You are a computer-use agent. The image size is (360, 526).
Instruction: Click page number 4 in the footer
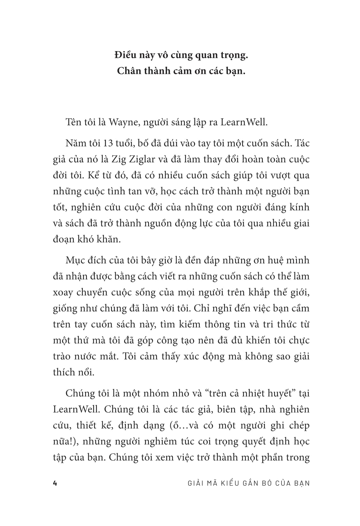[x=55, y=483]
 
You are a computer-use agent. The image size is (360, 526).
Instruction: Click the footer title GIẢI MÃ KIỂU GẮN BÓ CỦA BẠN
[x=248, y=483]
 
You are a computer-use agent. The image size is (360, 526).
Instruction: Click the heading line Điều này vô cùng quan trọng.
[x=181, y=55]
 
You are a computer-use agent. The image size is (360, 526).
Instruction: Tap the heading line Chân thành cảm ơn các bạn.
[x=181, y=71]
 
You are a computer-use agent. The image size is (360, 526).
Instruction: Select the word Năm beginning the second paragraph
[x=75, y=143]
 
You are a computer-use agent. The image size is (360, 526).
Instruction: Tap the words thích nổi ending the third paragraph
[x=74, y=372]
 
